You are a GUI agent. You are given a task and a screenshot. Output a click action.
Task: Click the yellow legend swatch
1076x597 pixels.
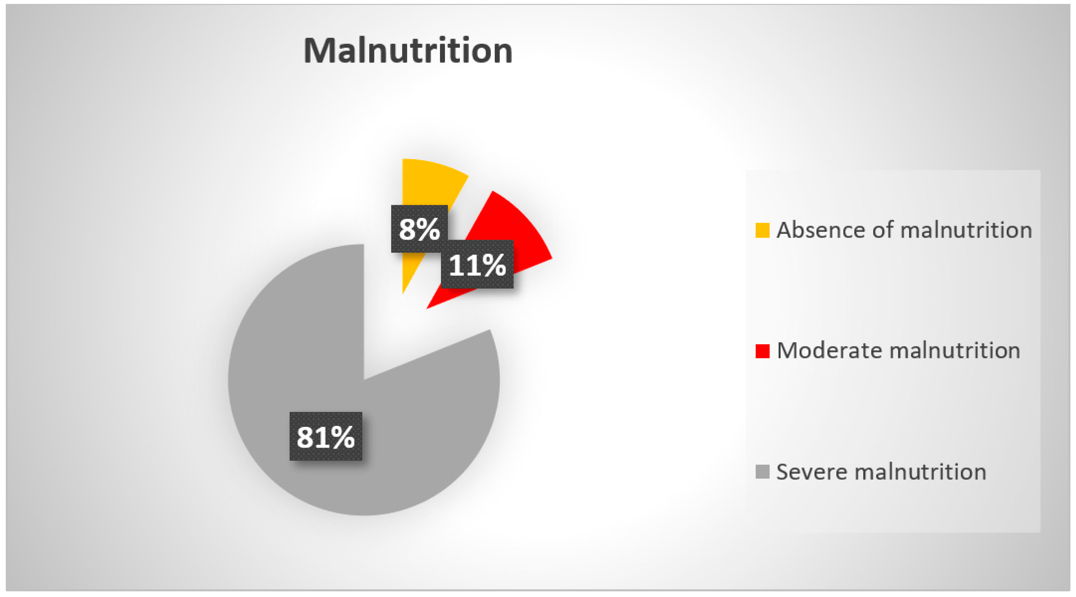tap(762, 230)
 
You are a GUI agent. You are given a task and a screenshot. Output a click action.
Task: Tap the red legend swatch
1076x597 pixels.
tap(762, 351)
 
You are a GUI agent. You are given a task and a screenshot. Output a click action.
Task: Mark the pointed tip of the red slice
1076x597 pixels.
tap(427, 308)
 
